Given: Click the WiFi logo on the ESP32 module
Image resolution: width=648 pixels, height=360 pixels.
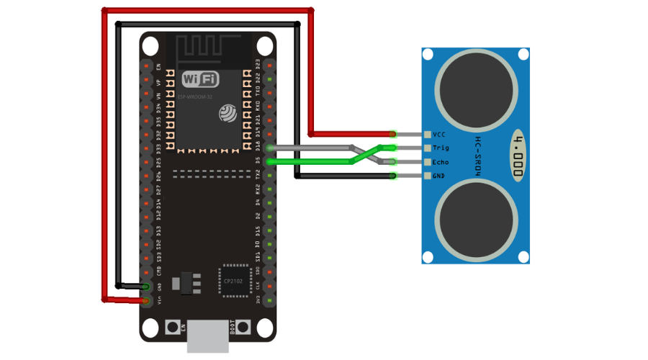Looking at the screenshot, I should click(201, 78).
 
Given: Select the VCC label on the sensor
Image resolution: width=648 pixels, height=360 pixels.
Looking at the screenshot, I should click(439, 134).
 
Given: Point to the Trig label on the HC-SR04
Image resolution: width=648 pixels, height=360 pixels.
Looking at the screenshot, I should click(441, 148).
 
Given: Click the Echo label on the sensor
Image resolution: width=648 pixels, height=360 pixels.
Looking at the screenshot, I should click(441, 162).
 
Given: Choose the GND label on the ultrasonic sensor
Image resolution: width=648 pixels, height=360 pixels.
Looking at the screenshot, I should click(439, 176).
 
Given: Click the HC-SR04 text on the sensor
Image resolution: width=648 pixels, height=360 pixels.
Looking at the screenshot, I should click(478, 155).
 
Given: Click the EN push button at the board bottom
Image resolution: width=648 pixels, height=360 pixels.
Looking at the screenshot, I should click(173, 327).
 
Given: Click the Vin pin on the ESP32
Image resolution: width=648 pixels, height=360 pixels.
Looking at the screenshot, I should click(147, 300).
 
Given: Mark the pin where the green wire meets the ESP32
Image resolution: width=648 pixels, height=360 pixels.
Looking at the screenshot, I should click(269, 162).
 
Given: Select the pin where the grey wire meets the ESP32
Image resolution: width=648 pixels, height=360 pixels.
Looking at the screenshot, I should click(269, 148).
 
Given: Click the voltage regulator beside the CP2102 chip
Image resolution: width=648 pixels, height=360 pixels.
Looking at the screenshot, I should click(189, 282).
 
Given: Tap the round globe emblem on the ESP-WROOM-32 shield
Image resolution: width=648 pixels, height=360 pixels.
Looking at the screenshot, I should click(228, 113).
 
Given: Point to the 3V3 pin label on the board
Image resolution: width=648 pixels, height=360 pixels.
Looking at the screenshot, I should click(258, 300).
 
